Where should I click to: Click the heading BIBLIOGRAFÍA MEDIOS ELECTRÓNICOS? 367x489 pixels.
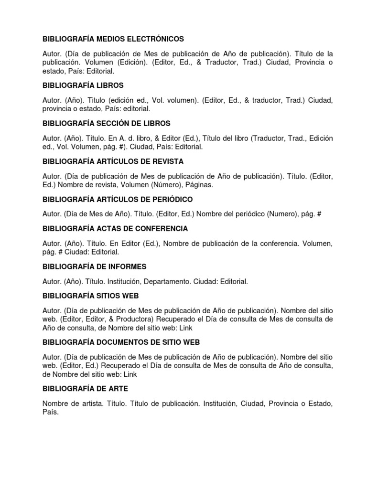(x=113, y=39)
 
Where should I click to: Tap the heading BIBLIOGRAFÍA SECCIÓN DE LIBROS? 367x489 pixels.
(x=107, y=123)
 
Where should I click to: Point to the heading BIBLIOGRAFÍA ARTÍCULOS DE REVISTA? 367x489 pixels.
(x=113, y=161)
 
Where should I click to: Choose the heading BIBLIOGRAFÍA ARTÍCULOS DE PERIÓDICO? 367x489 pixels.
(x=118, y=199)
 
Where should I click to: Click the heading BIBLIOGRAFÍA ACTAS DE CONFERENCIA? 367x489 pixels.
(x=115, y=228)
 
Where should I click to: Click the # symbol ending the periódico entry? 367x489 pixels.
(x=319, y=214)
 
